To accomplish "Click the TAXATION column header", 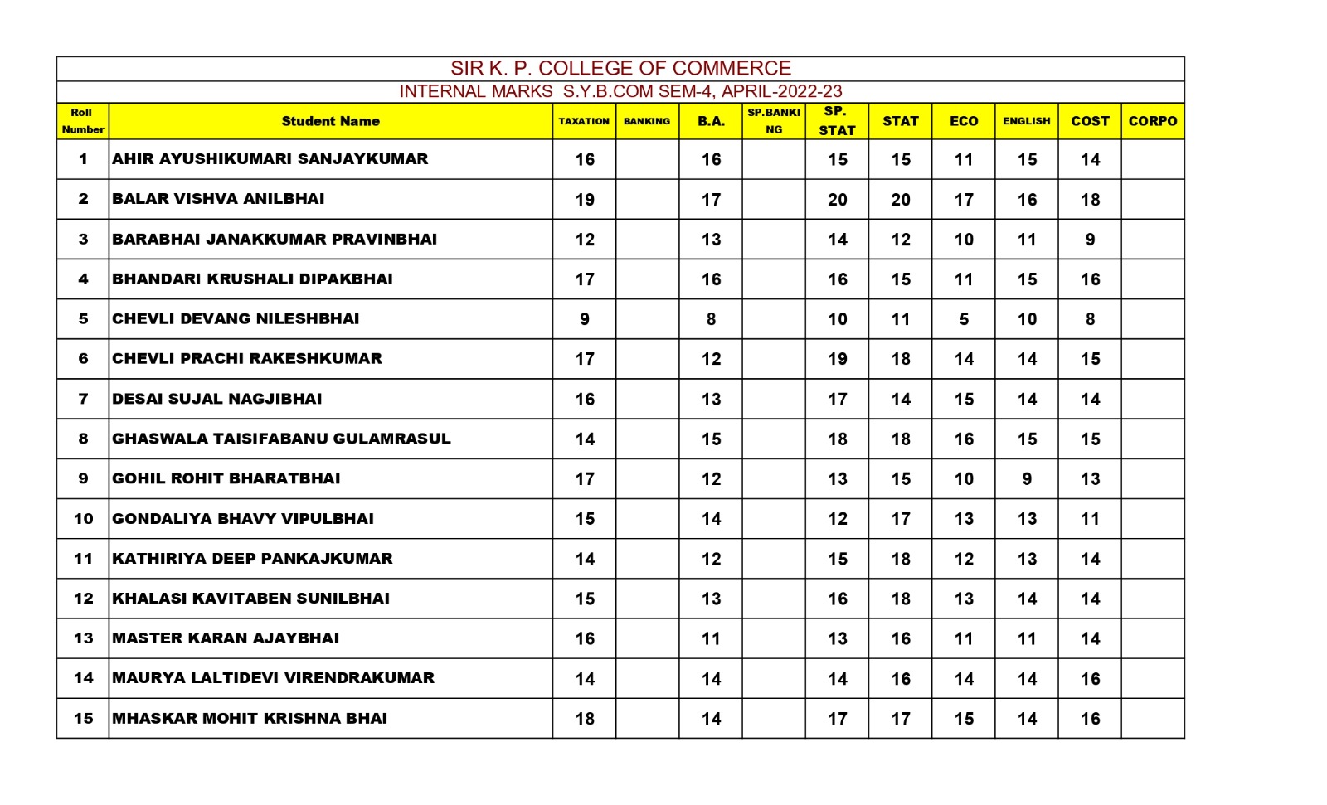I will pos(584,121).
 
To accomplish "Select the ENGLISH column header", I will pos(1026,121).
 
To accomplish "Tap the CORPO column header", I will pos(1152,121).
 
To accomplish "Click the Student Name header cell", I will pos(330,121).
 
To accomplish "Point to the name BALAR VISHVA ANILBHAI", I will pos(218,199).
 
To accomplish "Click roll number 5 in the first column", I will pos(83,319).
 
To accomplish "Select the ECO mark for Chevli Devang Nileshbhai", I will pos(964,319).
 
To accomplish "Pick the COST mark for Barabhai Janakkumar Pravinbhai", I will pos(1090,240).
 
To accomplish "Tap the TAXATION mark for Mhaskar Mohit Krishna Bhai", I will pos(585,719).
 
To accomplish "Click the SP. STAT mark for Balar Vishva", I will pos(837,200).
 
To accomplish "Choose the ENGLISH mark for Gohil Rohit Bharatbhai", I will pos(1027,479).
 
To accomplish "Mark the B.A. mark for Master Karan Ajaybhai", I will pos(711,639).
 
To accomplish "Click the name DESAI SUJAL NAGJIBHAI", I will pos(216,399).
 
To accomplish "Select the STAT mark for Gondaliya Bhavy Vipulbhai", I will pos(901,519).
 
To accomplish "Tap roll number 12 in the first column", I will pos(83,599).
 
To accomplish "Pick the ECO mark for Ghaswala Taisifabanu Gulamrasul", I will pos(964,439).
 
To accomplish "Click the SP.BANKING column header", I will pos(774,121).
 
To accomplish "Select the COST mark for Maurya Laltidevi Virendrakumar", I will pos(1090,679).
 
